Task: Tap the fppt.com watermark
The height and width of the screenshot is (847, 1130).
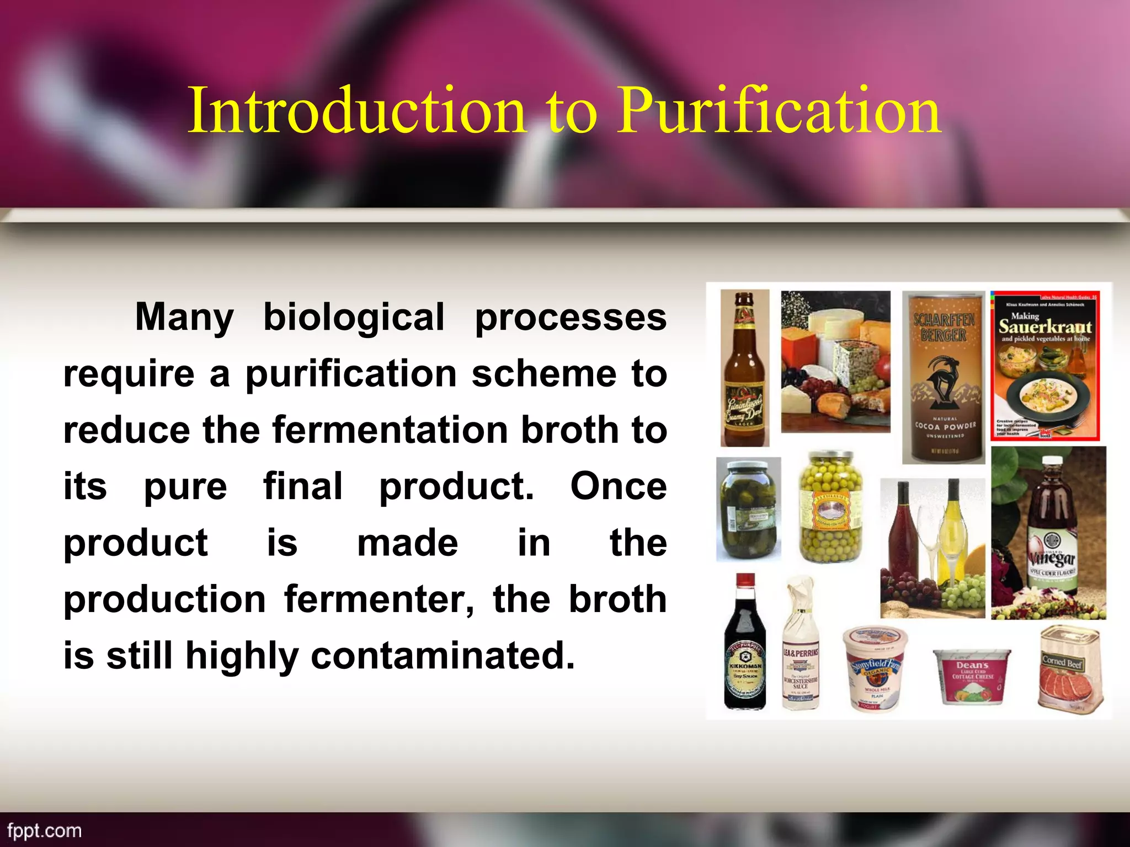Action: (45, 831)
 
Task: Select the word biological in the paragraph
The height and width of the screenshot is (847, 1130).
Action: (354, 318)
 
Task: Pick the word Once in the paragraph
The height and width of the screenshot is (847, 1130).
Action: (618, 486)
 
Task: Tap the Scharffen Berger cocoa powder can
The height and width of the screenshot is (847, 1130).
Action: (944, 378)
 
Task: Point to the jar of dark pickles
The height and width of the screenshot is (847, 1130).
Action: (749, 510)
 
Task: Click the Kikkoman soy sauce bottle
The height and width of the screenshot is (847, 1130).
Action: (745, 645)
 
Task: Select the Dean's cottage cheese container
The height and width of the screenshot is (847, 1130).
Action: (972, 676)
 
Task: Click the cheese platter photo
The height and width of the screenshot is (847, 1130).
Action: (835, 361)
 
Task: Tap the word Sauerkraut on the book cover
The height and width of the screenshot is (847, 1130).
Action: (1045, 327)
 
